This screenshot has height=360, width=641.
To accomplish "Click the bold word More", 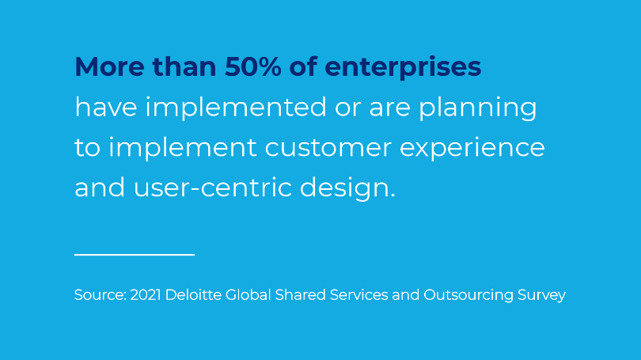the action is click(109, 66).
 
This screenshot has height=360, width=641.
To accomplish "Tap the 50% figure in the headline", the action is click(252, 66).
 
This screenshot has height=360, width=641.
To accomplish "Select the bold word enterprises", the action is click(403, 68).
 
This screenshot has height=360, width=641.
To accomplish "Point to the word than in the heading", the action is click(184, 66).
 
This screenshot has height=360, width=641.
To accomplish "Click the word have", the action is click(106, 108).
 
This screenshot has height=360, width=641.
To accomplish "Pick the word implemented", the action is click(237, 108).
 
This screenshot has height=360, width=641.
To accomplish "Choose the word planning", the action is click(478, 108).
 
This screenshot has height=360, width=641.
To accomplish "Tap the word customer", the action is click(328, 147).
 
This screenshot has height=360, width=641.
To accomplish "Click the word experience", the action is click(472, 149).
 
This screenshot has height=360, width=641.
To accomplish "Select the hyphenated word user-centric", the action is click(213, 188).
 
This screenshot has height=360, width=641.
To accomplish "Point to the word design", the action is click(348, 189).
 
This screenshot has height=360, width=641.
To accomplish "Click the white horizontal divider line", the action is click(135, 255).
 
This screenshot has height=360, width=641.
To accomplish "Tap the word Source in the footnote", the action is click(101, 294).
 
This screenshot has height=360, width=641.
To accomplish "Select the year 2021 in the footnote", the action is click(146, 294).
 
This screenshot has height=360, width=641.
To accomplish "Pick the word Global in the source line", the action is click(248, 294).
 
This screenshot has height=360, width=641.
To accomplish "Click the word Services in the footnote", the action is click(359, 294).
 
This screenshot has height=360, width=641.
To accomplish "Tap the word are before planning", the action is click(390, 108).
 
